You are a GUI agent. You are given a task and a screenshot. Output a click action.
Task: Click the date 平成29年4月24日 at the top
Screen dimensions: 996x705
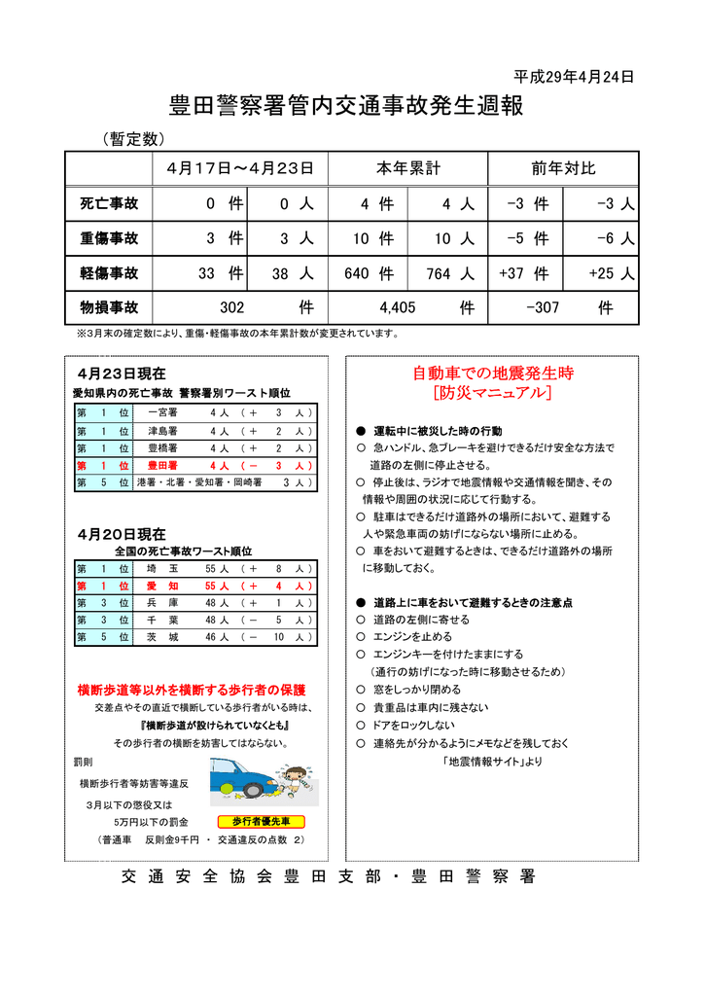(574, 77)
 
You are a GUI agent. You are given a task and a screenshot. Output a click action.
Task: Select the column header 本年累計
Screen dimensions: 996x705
(407, 168)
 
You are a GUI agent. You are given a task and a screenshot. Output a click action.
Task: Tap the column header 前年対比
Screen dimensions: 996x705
(562, 168)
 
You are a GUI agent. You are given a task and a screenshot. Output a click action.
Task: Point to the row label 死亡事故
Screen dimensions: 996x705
(109, 204)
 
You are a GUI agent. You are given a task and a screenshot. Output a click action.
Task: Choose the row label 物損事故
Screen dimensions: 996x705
(109, 307)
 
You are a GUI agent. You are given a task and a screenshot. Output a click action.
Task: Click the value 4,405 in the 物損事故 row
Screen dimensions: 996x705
(398, 308)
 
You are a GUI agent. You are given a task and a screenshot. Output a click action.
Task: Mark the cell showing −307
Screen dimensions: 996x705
(543, 308)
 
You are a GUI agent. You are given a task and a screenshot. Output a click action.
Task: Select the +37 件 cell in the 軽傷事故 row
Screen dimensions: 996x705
(523, 274)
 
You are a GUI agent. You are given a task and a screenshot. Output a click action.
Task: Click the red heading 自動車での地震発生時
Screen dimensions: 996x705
(493, 373)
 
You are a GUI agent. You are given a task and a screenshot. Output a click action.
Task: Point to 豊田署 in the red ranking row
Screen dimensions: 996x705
(160, 466)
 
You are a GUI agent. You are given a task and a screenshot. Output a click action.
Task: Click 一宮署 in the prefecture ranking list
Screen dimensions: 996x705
(160, 412)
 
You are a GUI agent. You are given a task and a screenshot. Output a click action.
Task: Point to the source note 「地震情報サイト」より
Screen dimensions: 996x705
(492, 761)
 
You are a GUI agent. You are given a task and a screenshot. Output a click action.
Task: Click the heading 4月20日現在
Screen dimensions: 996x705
(122, 534)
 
